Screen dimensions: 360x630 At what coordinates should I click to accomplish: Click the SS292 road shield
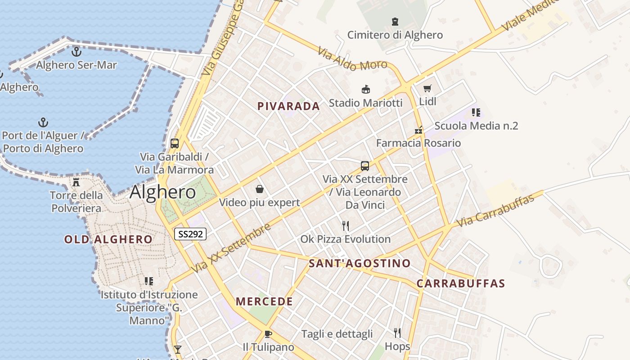[190, 234]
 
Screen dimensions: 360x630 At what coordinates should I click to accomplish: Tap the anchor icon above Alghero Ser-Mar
[76, 52]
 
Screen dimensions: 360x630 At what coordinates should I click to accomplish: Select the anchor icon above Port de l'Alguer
[43, 122]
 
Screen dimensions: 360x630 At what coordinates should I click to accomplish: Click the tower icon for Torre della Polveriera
[76, 182]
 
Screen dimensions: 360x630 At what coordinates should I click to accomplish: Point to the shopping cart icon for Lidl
[427, 88]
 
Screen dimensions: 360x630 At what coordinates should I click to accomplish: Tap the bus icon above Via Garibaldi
[175, 144]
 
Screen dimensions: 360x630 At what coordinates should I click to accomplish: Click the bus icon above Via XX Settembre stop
[365, 166]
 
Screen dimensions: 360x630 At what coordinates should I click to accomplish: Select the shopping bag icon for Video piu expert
[260, 189]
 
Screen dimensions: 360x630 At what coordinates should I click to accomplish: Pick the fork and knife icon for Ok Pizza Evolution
[346, 225]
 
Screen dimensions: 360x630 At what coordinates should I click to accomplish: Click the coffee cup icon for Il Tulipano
[268, 334]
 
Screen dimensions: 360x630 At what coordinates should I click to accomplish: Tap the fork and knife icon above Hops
[397, 333]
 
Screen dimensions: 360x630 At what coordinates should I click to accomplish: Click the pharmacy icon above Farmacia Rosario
[418, 130]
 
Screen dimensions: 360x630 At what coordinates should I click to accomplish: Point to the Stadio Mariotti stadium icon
[366, 90]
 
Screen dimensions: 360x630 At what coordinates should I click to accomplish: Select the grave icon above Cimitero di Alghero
[395, 21]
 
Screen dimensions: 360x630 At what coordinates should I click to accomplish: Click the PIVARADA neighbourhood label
[288, 106]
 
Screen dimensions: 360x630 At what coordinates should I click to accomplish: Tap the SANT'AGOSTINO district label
[360, 263]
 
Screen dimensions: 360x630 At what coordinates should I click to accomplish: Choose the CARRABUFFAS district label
[460, 283]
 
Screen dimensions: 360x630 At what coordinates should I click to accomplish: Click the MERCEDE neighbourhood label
[264, 301]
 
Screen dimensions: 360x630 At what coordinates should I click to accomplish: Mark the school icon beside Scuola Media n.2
[476, 112]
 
